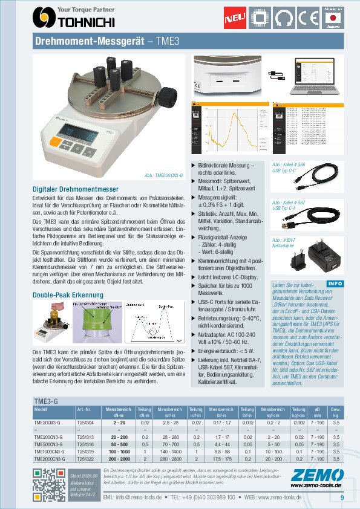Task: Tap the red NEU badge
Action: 234,19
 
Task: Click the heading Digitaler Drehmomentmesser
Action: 75,189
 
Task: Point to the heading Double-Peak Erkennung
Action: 68,295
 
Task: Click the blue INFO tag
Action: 334,284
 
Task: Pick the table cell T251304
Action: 85,423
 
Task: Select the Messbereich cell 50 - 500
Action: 119,444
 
